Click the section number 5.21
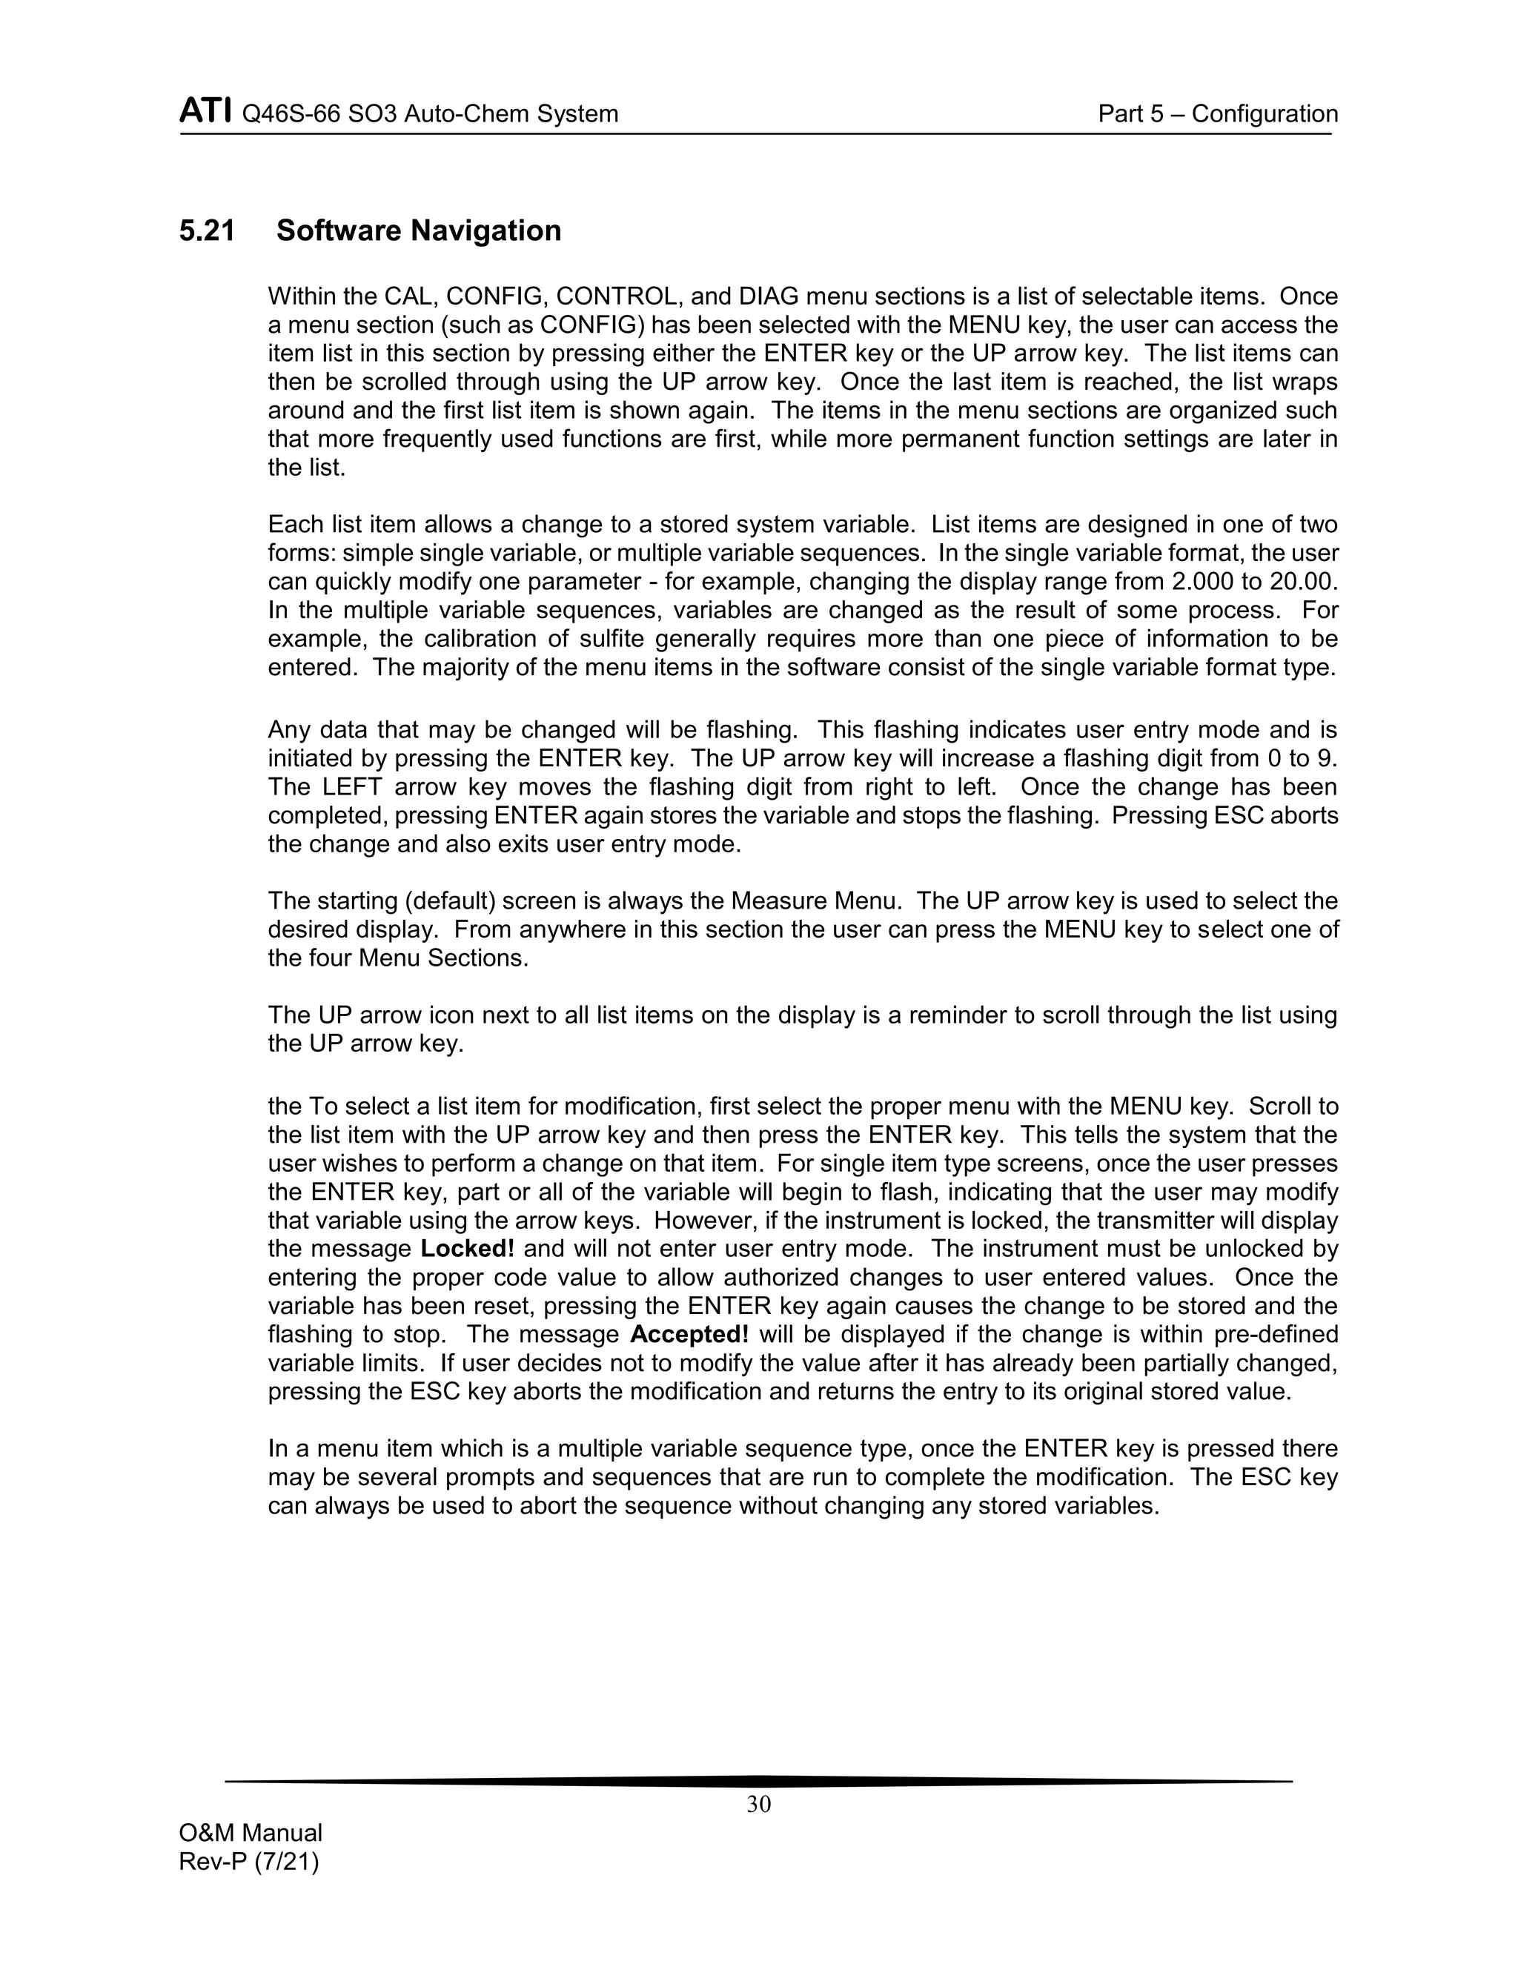pyautogui.click(x=207, y=231)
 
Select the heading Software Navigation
pyautogui.click(x=418, y=231)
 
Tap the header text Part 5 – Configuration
pyautogui.click(x=1218, y=114)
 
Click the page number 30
pyautogui.click(x=758, y=1804)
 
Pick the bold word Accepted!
pyautogui.click(x=690, y=1335)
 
